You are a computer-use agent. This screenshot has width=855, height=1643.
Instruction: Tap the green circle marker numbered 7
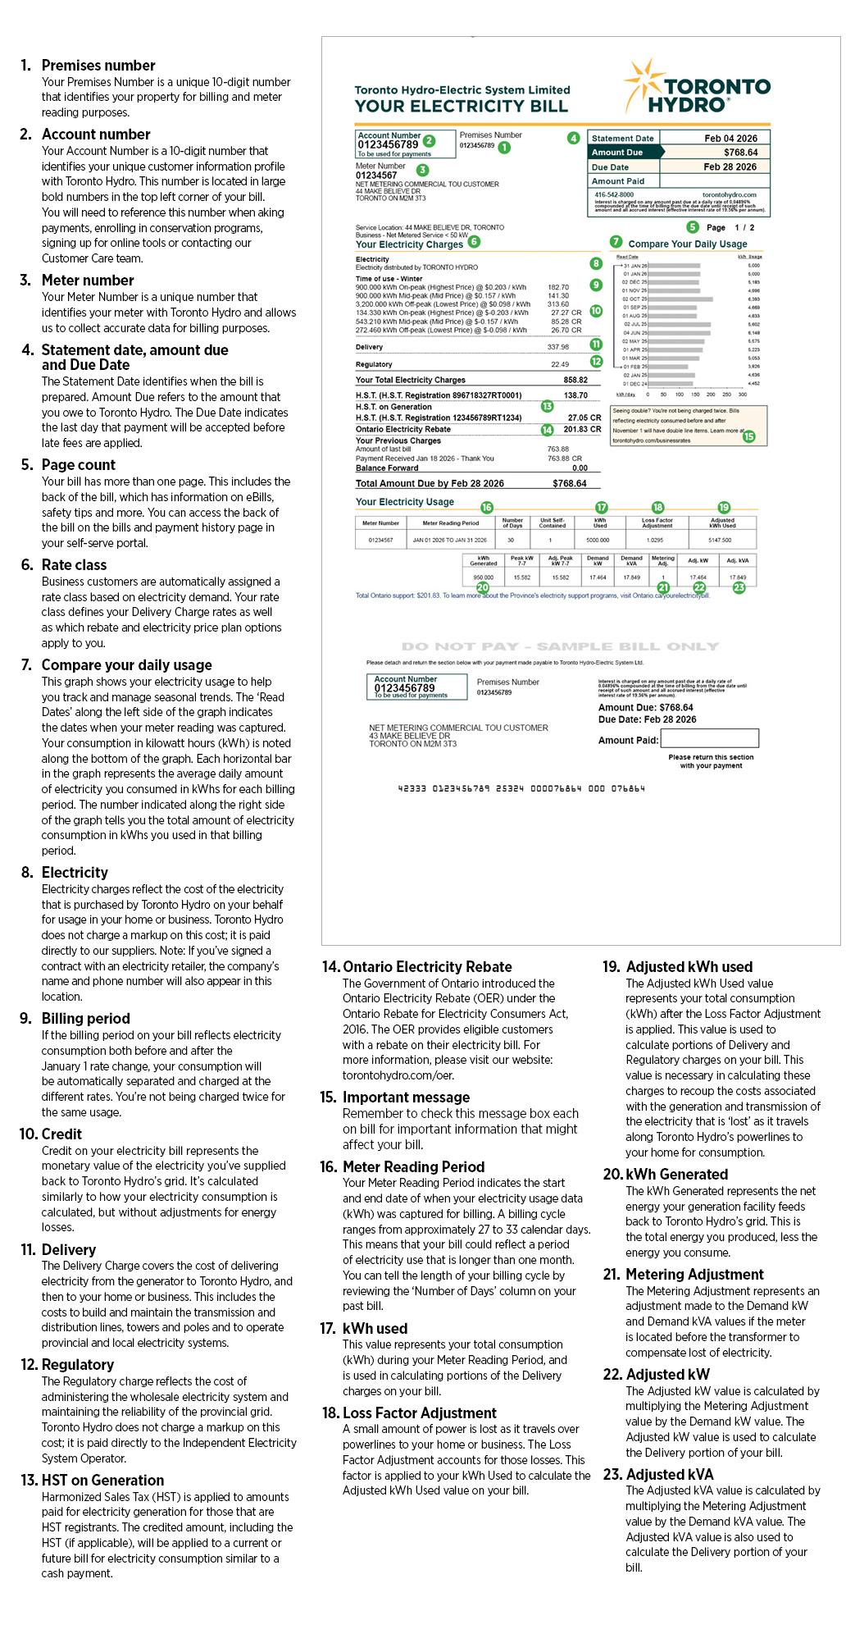coord(616,242)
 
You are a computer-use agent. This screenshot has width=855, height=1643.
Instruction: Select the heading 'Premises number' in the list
coord(98,66)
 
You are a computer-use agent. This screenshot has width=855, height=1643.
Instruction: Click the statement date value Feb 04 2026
coord(730,139)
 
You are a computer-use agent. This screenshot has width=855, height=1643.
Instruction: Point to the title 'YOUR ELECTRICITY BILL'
coord(461,106)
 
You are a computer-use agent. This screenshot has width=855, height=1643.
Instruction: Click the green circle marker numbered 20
coord(482,587)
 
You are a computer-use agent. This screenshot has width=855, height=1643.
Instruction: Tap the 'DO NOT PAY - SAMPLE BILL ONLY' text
coord(560,646)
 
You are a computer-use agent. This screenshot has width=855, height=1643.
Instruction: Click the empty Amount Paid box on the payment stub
coord(710,738)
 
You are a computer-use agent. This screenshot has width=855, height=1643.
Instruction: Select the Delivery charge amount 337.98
coord(557,347)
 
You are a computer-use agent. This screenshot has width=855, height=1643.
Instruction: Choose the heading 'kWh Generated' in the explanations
coord(676,1175)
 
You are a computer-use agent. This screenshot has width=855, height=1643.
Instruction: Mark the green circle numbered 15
coord(748,436)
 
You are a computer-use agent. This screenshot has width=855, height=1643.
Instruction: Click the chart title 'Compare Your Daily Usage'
coord(687,244)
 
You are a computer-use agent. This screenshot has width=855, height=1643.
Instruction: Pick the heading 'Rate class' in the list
coord(74,565)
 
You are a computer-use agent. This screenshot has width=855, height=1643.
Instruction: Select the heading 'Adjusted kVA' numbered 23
coord(669,1475)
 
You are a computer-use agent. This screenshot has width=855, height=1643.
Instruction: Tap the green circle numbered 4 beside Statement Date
coord(574,138)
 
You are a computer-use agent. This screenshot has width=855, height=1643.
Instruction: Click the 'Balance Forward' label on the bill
coord(387,468)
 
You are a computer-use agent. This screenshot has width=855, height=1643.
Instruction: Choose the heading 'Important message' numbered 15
coord(406,1098)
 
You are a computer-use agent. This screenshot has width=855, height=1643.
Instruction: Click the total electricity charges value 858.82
coord(575,380)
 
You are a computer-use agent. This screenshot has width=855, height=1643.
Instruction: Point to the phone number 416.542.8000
coord(614,194)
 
